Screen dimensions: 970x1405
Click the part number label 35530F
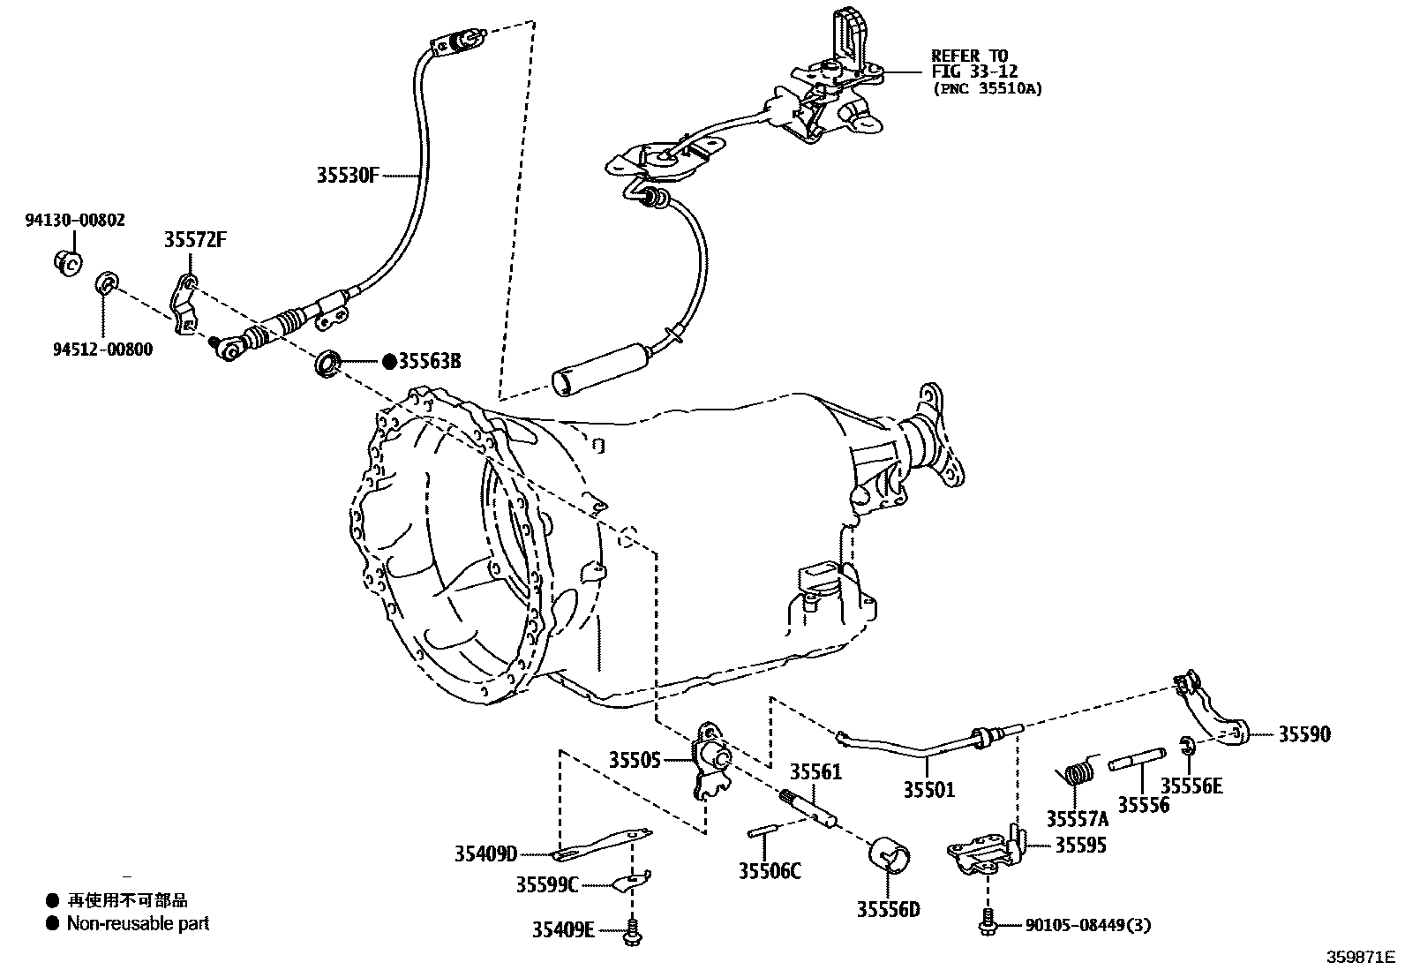click(x=347, y=175)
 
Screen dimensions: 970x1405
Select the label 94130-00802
click(x=74, y=220)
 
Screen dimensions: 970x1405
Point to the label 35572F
click(x=195, y=240)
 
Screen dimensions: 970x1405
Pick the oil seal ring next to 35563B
click(x=327, y=363)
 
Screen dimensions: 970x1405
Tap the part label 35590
click(x=1304, y=734)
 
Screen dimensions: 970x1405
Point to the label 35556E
click(x=1191, y=786)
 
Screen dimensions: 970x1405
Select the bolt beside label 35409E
click(x=632, y=929)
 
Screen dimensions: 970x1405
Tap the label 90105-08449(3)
click(x=1088, y=925)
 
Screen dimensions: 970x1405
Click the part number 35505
click(x=634, y=759)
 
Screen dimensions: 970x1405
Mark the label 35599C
click(x=547, y=884)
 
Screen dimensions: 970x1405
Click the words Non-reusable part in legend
click(x=139, y=924)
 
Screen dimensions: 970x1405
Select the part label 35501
click(x=928, y=789)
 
